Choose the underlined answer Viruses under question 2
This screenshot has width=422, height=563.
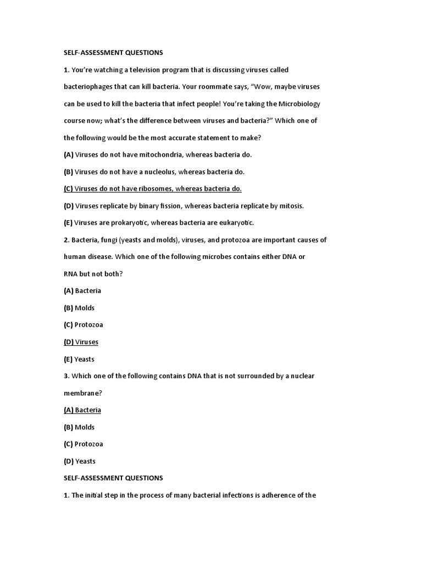click(87, 342)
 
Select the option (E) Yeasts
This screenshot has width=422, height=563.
click(79, 359)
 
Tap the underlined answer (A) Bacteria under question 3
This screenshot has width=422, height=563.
click(82, 410)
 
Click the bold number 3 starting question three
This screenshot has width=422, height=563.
click(66, 376)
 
